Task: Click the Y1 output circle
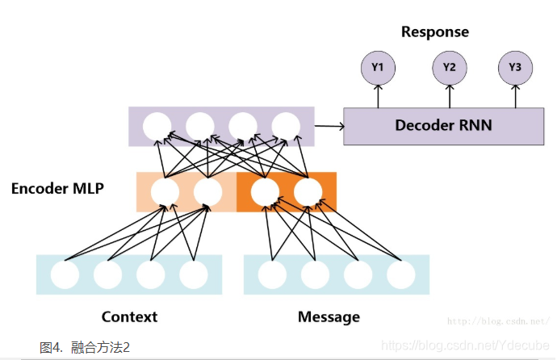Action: coord(378,68)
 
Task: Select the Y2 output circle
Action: coord(450,68)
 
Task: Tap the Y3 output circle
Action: coord(515,68)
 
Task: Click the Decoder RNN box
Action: coord(443,126)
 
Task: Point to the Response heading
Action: coord(435,31)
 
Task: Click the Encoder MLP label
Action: coord(57,188)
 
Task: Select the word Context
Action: coord(129,316)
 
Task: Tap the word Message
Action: coord(329,316)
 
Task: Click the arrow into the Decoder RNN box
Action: coord(329,126)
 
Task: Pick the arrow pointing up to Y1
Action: coord(378,97)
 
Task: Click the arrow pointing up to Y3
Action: coord(515,97)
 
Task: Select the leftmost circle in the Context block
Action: coord(65,274)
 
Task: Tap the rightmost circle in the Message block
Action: coord(400,274)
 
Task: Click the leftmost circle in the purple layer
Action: coord(157,127)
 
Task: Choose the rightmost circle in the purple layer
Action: coord(286,127)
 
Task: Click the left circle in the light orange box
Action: coord(165,192)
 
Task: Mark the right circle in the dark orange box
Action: coord(308,192)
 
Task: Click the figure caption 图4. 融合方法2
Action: coord(85,347)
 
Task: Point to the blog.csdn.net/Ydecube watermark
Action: coord(465,345)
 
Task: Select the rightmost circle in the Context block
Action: coord(194,274)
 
